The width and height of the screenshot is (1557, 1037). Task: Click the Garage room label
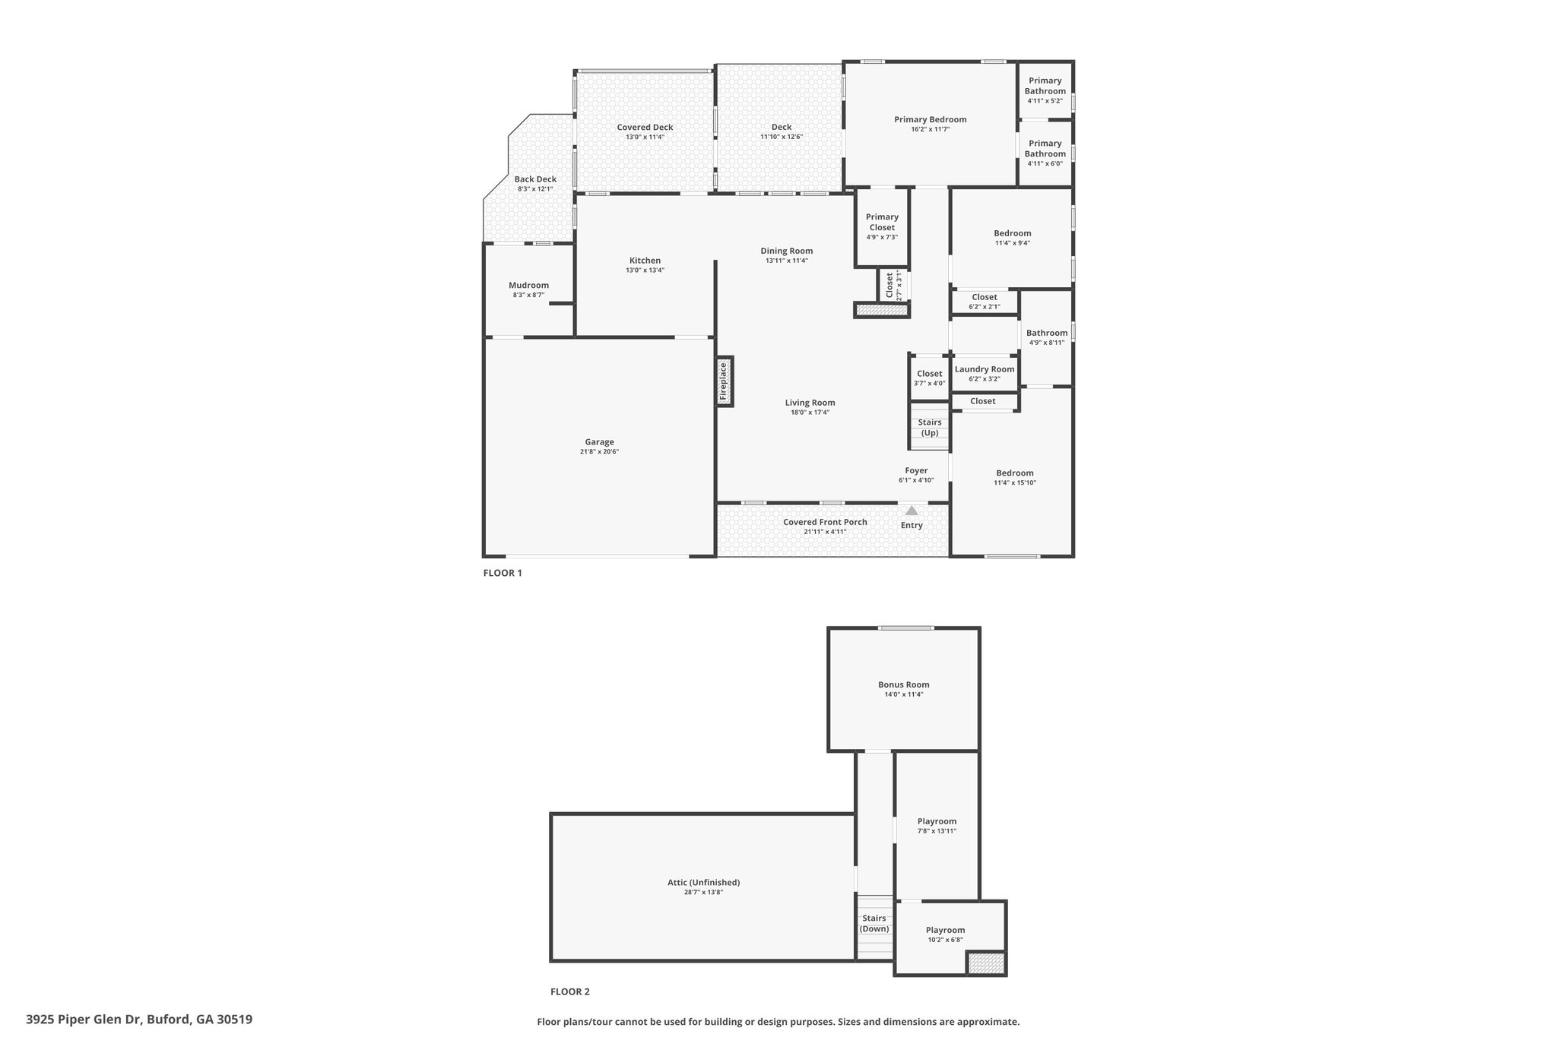point(599,442)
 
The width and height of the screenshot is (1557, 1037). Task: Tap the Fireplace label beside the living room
point(724,381)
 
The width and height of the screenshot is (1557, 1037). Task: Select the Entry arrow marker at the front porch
point(912,511)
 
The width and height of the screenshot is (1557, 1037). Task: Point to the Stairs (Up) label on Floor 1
point(930,428)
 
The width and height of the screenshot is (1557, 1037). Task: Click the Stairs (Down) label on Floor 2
point(874,923)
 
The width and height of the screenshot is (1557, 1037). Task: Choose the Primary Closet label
point(882,222)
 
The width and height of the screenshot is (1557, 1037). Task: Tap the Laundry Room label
point(985,369)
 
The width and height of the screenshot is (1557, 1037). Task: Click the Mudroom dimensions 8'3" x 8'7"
point(528,295)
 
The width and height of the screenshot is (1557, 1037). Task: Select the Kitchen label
point(645,261)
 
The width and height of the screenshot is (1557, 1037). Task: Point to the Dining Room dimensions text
point(787,261)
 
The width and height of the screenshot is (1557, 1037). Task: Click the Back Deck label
point(535,179)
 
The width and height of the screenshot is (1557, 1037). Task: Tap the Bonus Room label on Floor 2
point(904,684)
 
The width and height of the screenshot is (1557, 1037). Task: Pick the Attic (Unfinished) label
point(703,882)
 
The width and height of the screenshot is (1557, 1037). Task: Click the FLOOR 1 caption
point(503,573)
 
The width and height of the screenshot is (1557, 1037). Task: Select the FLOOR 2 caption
point(570,991)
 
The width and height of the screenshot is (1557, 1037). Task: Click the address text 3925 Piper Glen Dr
point(84,1020)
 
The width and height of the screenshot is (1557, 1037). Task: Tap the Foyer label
point(916,470)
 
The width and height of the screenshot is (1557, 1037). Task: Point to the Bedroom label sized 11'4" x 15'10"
point(1015,473)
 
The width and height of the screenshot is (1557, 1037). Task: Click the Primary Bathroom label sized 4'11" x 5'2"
point(1045,86)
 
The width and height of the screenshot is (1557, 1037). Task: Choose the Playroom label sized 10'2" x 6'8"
point(945,930)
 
